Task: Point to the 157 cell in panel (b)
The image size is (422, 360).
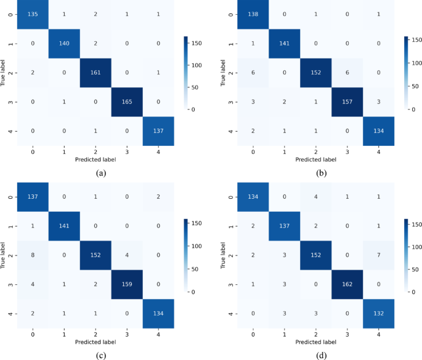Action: click(x=346, y=102)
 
